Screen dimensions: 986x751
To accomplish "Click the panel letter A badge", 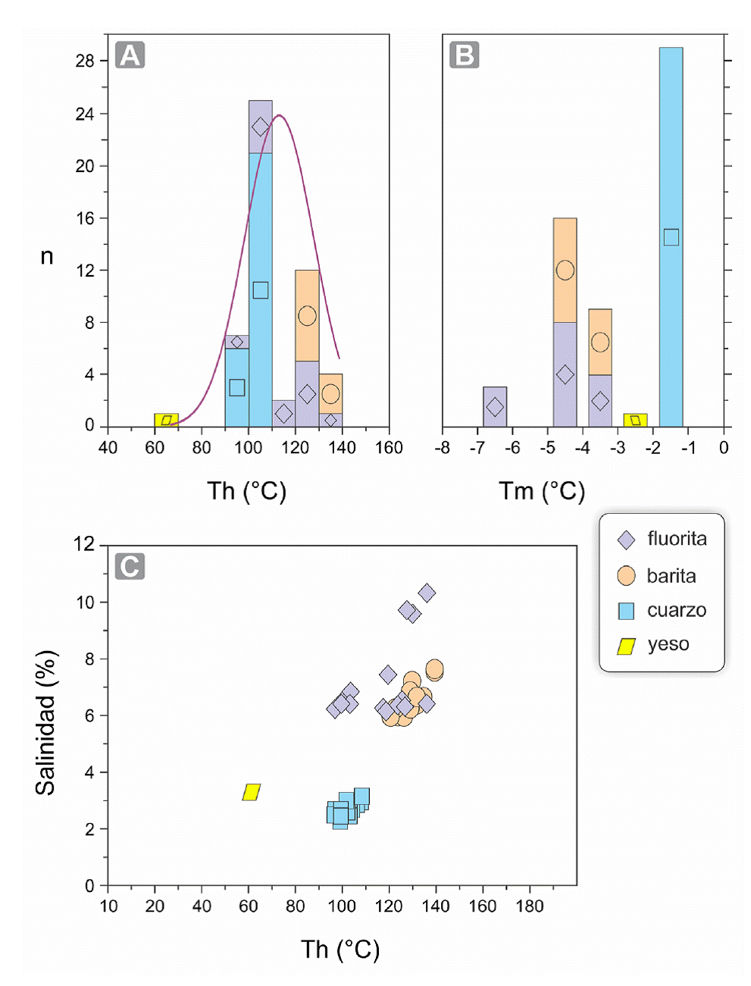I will click(x=130, y=55).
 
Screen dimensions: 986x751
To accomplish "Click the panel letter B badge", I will click(x=464, y=55).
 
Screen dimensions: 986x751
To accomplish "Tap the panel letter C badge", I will click(x=130, y=566).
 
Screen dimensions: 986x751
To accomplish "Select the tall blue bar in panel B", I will click(x=671, y=237).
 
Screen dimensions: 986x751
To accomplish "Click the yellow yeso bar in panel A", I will click(x=166, y=420).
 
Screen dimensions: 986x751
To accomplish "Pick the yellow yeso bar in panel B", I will click(x=635, y=420).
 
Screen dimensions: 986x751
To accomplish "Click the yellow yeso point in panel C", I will click(x=252, y=792).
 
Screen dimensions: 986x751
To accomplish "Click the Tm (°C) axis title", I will click(x=542, y=491).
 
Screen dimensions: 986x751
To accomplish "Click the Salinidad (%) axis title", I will click(x=46, y=722).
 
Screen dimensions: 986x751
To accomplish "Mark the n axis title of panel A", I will click(x=47, y=257).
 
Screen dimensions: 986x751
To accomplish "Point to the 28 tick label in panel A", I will click(x=85, y=61).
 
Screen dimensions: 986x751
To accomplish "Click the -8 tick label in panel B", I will click(x=442, y=448).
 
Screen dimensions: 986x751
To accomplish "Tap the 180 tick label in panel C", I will click(x=529, y=906).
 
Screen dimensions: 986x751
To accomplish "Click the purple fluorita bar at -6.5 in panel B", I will click(x=495, y=407).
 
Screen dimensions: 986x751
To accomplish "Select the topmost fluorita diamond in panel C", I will click(x=427, y=593).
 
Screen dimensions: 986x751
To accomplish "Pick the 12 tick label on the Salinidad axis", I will click(x=85, y=544).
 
